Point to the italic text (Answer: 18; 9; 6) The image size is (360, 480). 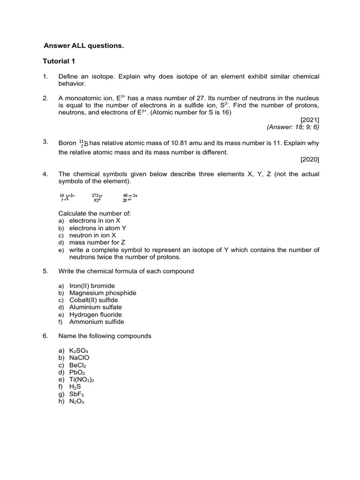point(293,127)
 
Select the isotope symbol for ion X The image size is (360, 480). point(67,197)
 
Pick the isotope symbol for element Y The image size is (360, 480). point(97,197)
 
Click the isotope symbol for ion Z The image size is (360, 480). point(130,197)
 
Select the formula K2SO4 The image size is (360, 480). point(79,351)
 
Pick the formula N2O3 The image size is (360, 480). point(76,401)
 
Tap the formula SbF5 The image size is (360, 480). point(77,394)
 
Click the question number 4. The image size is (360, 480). point(45,174)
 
